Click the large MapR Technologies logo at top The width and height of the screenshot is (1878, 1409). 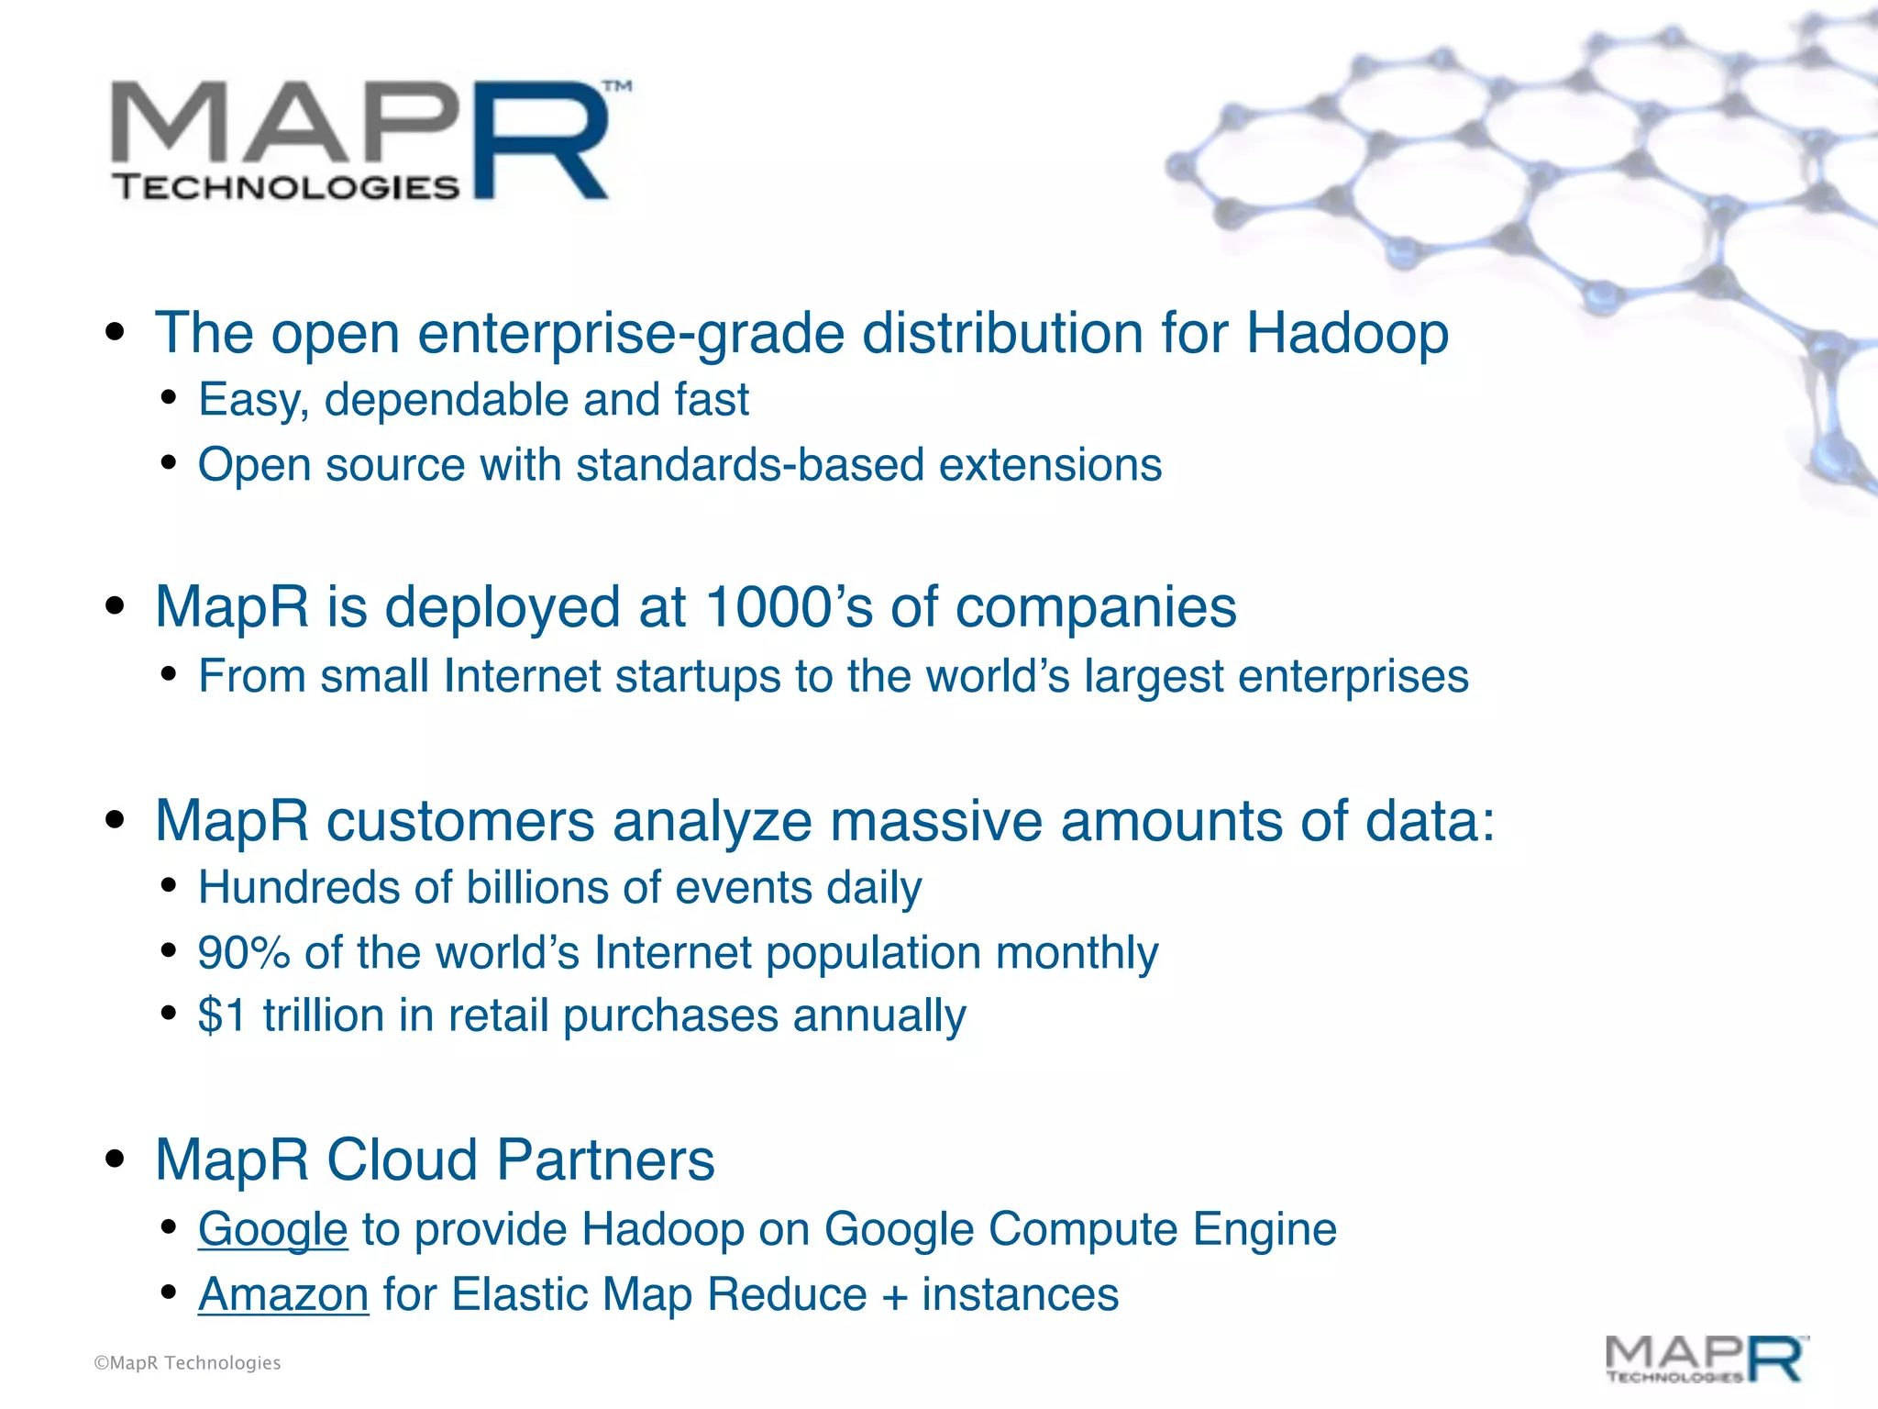[367, 139]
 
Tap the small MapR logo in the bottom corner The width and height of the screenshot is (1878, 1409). [1707, 1359]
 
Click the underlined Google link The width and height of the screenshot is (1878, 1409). [272, 1229]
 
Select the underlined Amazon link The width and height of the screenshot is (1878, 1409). [283, 1294]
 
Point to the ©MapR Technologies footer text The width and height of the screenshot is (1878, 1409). [187, 1363]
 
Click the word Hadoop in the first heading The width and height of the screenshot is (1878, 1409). [1346, 332]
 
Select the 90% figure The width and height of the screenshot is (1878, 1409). [244, 953]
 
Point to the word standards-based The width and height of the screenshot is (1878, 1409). [749, 465]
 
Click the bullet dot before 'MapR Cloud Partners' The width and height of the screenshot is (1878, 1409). [115, 1159]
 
